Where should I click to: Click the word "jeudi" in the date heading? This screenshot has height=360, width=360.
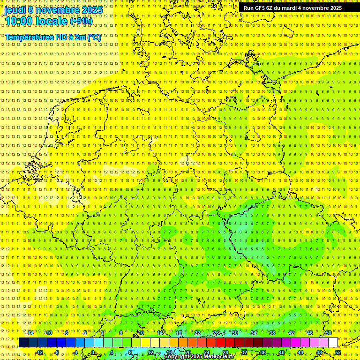point(15,9)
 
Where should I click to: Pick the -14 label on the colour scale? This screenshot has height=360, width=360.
point(30,332)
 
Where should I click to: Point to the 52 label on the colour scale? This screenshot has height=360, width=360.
point(338,352)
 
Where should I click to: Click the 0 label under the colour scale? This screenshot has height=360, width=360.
point(92,352)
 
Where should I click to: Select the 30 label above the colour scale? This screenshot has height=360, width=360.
point(234,332)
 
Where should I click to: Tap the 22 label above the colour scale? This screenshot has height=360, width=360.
point(197,332)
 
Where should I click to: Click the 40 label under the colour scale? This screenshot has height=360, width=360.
point(281,352)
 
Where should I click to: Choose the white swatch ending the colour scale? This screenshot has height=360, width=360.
point(333,342)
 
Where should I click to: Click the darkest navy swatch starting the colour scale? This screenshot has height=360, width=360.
point(23,342)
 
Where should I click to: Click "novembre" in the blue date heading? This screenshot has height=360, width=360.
point(57,9)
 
